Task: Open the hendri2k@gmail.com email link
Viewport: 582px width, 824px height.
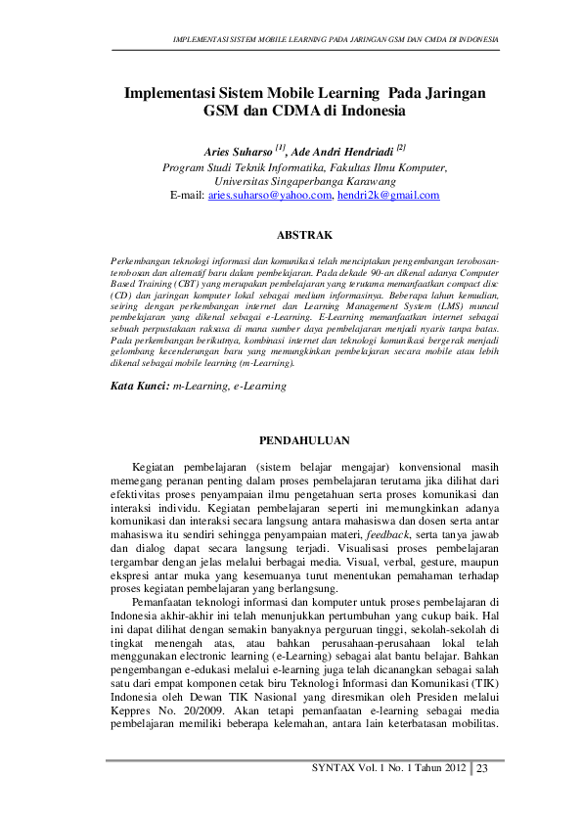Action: tap(389, 196)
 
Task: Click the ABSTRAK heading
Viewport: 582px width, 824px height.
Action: tap(305, 235)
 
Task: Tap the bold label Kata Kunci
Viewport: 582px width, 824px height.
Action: tap(140, 386)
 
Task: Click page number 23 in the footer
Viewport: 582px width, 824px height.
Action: tap(482, 768)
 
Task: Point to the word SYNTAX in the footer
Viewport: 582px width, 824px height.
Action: tap(334, 768)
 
